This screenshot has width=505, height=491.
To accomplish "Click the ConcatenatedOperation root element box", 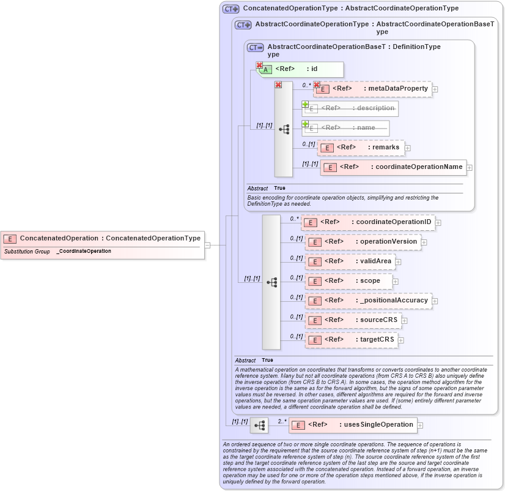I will coord(102,238).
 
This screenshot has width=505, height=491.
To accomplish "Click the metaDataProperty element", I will coord(372,89).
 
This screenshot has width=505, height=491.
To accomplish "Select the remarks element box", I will coord(361,148).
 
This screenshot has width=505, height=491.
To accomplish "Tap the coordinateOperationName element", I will coord(393,167).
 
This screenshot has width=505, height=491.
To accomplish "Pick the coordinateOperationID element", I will coord(367,222).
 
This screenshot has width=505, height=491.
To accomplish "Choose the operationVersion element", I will coord(363,242).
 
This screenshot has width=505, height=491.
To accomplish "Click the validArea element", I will coord(350,261).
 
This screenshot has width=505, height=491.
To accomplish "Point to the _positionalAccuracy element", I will coord(368,301).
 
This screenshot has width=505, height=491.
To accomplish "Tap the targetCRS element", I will coord(353,340).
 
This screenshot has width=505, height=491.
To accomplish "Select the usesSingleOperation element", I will coord(353,424).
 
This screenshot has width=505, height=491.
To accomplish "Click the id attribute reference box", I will coord(301,69).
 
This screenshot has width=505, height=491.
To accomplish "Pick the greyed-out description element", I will coord(350,108).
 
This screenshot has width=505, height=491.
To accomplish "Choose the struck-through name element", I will coord(346,128).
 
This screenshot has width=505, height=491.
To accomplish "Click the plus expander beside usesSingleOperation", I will coord(420,425).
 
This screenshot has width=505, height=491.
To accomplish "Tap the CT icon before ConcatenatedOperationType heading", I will coord(230,9).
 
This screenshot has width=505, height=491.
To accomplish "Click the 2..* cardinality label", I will coord(282,421).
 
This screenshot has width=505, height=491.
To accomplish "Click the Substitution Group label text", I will coord(27,252).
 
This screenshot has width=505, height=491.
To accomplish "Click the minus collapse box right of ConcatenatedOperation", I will coord(208,245).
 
